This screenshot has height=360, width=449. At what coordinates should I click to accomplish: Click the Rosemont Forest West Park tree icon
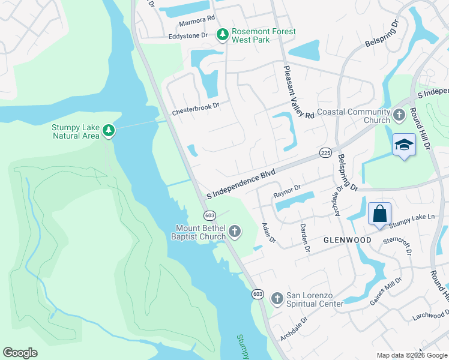pos(223,35)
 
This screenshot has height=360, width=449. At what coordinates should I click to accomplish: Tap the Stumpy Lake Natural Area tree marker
pos(109,131)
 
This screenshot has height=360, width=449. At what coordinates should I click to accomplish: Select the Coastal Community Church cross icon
pos(399,114)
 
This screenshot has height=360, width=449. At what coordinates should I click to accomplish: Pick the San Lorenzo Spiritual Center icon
pos(277,298)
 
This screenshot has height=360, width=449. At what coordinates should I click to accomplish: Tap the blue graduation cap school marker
pos(404,145)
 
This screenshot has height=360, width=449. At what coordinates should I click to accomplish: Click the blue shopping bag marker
pos(380,214)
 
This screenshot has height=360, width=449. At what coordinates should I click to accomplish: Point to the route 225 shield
pos(326,153)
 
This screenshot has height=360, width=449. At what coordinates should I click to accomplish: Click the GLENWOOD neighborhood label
pos(347,239)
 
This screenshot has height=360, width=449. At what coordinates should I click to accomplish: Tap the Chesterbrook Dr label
pos(196,112)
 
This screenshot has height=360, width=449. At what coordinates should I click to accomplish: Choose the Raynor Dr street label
pos(286,191)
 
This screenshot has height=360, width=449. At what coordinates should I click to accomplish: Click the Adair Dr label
pos(268,233)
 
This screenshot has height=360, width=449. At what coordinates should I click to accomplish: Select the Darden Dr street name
pos(305,238)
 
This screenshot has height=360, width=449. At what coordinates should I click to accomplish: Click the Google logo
pos(20,353)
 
